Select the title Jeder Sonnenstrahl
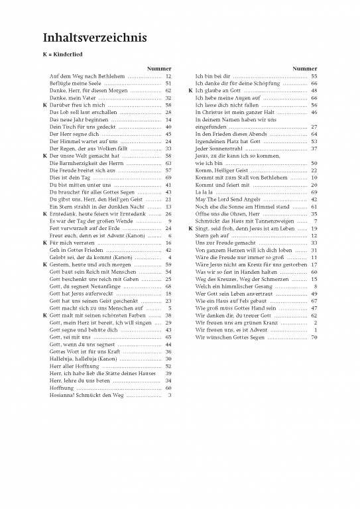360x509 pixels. (x=216, y=149)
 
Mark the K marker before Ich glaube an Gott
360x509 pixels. (x=191, y=91)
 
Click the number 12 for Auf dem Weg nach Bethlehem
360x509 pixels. (x=168, y=77)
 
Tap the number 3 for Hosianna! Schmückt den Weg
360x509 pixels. (x=170, y=395)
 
